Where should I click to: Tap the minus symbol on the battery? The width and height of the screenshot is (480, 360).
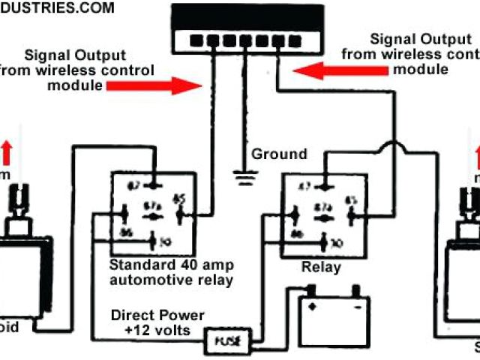(358, 307)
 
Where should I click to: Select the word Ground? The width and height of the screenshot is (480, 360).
(279, 154)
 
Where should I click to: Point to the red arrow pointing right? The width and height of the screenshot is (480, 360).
(151, 85)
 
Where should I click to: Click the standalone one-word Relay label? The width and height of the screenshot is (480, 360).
(321, 268)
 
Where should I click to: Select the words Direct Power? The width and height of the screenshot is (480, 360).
(157, 315)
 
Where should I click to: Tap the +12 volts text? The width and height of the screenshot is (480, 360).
(157, 331)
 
